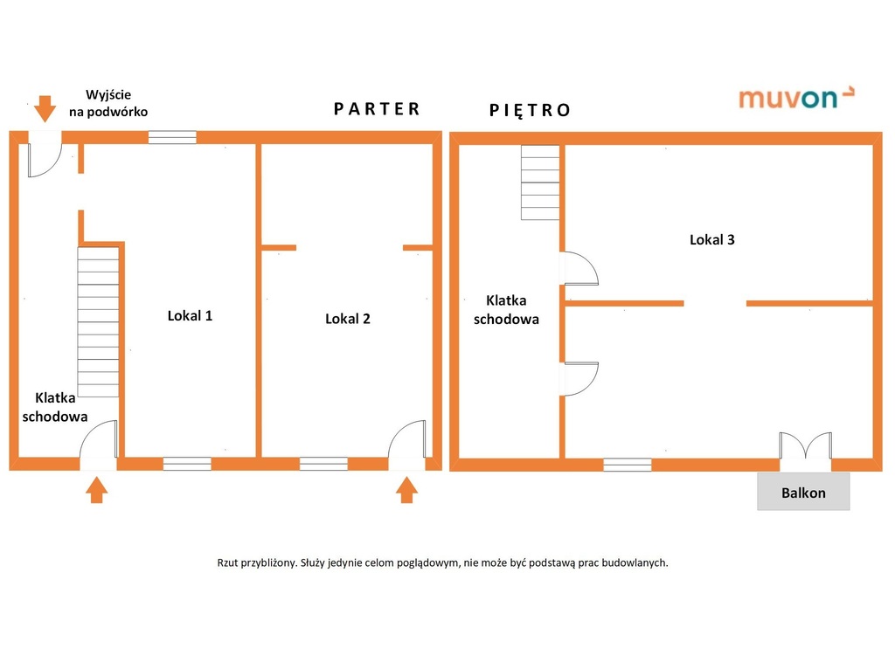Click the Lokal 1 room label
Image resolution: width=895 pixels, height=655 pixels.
(x=190, y=315)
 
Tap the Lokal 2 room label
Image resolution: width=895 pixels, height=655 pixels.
(x=348, y=319)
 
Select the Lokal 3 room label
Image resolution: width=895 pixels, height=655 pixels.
(x=711, y=239)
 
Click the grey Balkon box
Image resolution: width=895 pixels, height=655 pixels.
(x=803, y=491)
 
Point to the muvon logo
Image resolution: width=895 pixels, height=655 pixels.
(x=797, y=98)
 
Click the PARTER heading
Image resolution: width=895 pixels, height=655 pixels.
(x=377, y=109)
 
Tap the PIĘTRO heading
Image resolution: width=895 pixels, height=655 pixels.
(x=530, y=110)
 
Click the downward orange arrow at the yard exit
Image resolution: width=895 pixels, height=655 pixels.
(x=45, y=108)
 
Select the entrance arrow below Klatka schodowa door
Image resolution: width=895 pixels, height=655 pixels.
(x=96, y=490)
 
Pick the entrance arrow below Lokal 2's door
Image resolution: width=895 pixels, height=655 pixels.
(x=406, y=490)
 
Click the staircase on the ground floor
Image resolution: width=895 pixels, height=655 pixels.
(x=98, y=321)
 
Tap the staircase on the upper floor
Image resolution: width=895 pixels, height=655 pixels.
(x=540, y=183)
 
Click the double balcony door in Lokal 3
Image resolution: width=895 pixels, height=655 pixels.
(x=805, y=445)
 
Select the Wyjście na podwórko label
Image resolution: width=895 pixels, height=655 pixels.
(x=108, y=103)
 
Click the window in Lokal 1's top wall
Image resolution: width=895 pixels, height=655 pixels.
(x=172, y=137)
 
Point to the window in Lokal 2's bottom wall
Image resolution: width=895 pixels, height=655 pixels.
(x=323, y=463)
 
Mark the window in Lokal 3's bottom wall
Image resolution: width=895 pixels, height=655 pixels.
(x=628, y=465)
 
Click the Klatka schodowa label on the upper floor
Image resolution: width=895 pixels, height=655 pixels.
(x=506, y=310)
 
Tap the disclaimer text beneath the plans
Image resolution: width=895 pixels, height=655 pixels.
(x=442, y=562)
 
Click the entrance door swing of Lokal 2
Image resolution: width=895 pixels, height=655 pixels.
(x=407, y=439)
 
